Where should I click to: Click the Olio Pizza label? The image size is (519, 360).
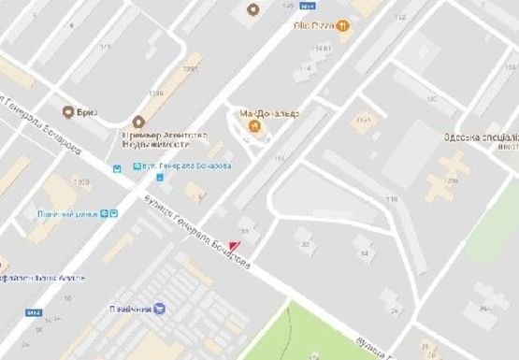tap(313, 25)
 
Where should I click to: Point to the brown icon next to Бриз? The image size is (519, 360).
tap(67, 111)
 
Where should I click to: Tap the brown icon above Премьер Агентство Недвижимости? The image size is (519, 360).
tap(139, 122)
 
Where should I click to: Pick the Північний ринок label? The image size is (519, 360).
tap(68, 213)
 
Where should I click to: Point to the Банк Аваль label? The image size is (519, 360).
tap(37, 278)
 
